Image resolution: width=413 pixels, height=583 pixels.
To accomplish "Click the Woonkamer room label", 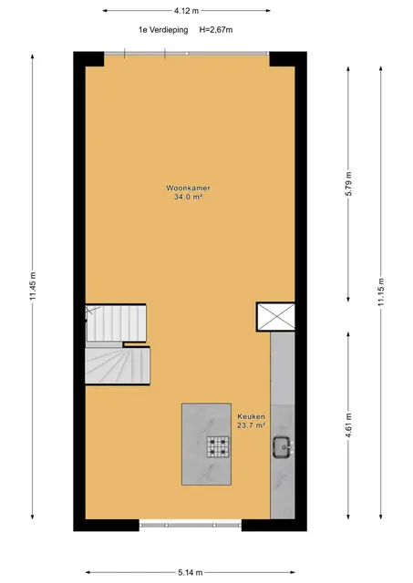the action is (x=189, y=188).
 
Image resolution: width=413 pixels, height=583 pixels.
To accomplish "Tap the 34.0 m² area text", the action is (x=189, y=197).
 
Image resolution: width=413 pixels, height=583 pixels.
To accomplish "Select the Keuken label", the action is (x=251, y=416).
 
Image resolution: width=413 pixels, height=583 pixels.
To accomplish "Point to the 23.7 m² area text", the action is (x=251, y=425).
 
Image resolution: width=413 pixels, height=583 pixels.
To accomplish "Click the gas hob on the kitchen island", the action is (x=218, y=446).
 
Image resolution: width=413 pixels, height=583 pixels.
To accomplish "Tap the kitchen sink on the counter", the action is (x=283, y=447).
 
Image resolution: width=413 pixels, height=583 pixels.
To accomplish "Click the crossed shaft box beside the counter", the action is (x=275, y=317).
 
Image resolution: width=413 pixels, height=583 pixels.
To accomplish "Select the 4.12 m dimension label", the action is (x=186, y=11).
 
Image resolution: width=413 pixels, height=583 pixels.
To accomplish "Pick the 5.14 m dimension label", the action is (x=191, y=573).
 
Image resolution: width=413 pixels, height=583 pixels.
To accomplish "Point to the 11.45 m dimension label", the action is (x=33, y=286).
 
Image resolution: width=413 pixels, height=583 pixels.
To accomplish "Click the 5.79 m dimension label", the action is (x=348, y=184).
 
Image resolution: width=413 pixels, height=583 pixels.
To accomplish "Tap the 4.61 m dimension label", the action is (x=348, y=425).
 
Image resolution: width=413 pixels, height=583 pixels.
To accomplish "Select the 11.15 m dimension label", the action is (x=380, y=292).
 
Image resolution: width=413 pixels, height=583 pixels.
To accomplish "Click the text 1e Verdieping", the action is (x=163, y=30).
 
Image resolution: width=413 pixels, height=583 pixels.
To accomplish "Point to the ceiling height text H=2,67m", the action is (x=216, y=30).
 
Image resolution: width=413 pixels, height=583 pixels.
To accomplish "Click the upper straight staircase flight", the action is (x=116, y=323).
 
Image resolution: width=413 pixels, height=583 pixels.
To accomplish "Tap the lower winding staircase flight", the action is (x=118, y=365).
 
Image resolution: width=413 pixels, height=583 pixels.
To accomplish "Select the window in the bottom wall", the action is (x=191, y=525).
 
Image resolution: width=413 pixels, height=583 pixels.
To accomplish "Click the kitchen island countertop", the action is (x=206, y=445).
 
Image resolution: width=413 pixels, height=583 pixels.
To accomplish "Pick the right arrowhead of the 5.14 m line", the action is (x=293, y=572).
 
